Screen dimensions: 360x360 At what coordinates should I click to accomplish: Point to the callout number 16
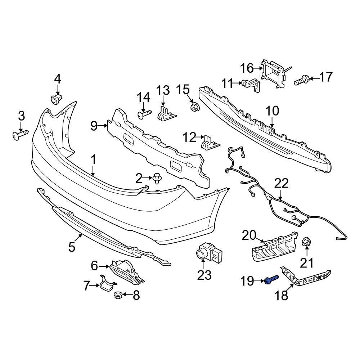click(247, 68)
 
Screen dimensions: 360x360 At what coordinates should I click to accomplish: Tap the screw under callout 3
click(21, 135)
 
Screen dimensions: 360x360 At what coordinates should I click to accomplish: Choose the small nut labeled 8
click(119, 295)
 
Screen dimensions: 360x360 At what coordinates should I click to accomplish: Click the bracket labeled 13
click(166, 114)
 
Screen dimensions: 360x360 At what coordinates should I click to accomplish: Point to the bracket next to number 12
click(210, 142)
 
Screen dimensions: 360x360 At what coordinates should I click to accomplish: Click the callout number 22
click(282, 183)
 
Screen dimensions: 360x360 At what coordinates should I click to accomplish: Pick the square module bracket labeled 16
click(273, 75)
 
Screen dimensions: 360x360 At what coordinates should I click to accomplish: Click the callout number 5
click(72, 247)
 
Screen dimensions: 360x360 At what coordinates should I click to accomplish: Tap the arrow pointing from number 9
click(103, 125)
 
